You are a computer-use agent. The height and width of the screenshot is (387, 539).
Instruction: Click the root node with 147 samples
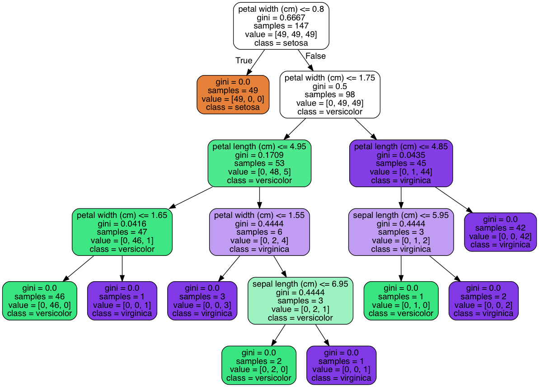tap(281, 26)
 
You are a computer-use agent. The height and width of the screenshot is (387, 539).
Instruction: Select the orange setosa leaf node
tap(233, 94)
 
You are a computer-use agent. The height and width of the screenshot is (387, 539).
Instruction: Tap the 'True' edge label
tap(244, 61)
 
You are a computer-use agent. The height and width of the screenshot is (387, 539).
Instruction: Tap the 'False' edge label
tap(315, 56)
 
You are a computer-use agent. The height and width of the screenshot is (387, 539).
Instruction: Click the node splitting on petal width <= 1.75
tap(330, 94)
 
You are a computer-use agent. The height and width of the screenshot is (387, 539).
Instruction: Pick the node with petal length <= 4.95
tap(259, 163)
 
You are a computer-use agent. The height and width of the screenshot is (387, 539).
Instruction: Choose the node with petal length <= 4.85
tap(401, 163)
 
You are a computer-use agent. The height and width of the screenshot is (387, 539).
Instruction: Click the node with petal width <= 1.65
tap(122, 232)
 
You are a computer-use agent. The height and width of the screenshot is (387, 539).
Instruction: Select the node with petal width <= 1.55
tap(259, 232)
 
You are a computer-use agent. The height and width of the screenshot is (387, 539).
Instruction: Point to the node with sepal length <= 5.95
tap(401, 232)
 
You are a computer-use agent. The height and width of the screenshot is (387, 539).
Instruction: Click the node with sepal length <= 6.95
tap(300, 301)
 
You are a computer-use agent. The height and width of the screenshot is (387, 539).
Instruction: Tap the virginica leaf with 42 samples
tap(500, 232)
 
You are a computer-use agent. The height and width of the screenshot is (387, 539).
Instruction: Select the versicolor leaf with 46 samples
tap(40, 301)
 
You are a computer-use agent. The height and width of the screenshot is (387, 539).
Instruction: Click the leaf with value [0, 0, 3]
tap(202, 301)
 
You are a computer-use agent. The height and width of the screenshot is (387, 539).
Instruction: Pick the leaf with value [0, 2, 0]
tap(259, 365)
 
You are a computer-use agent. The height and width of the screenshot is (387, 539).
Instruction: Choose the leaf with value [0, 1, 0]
tap(401, 301)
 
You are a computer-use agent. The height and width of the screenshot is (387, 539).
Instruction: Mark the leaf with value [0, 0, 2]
tap(483, 301)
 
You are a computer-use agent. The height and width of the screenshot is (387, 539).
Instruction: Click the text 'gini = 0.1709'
tap(259, 155)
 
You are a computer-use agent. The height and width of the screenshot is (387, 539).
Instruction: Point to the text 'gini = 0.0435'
tap(401, 155)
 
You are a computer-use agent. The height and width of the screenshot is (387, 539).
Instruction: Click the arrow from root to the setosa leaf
tap(255, 62)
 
